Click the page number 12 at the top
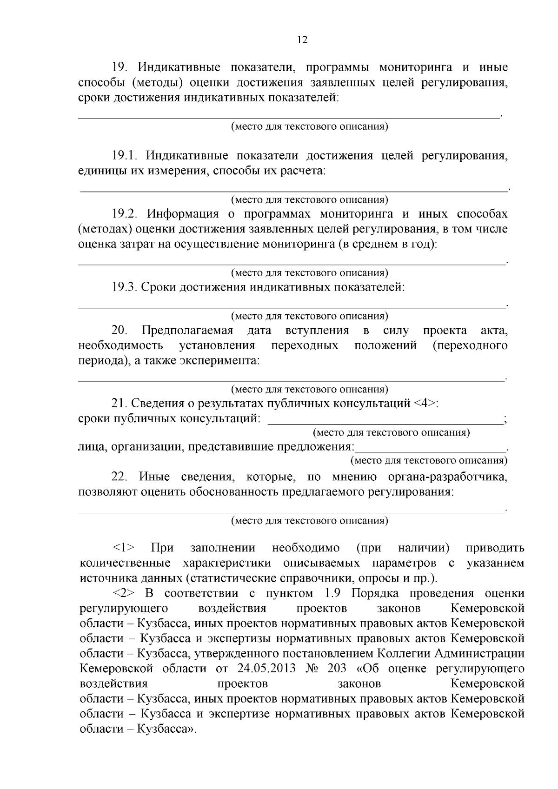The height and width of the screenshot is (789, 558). [x=302, y=40]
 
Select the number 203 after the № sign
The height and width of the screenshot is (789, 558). [x=336, y=669]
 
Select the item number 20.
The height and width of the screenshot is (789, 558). [x=119, y=331]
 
